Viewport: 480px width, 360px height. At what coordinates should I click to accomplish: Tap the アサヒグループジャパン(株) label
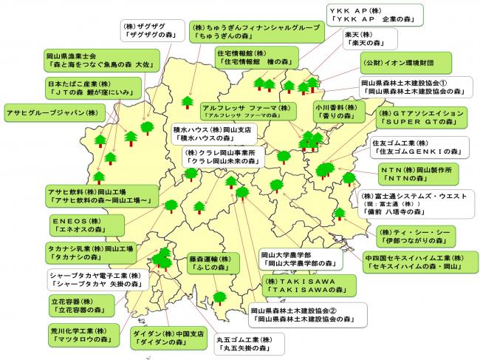click(x=52, y=113)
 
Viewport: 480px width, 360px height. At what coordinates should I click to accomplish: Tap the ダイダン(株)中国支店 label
click(x=168, y=338)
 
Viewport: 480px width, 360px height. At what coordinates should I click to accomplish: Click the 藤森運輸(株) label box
click(x=213, y=265)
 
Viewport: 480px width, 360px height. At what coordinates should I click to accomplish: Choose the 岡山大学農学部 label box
click(x=297, y=258)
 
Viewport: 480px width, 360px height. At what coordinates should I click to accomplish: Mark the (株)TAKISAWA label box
click(x=306, y=287)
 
